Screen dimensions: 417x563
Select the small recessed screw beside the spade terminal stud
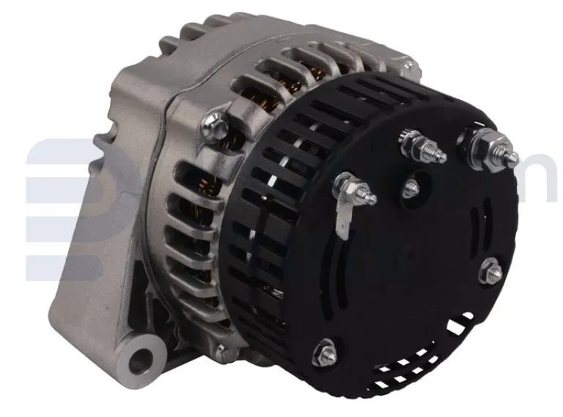(411, 186)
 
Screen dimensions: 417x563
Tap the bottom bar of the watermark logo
(62, 268)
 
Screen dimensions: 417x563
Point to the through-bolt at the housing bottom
(220, 345)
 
